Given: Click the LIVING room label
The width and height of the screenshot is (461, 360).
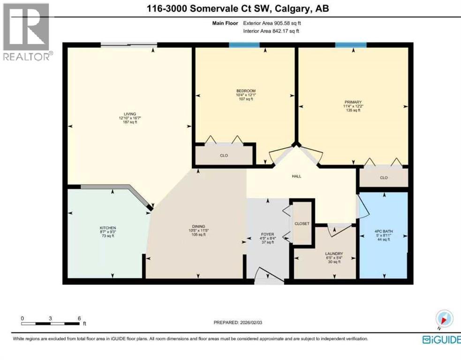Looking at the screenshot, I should click(128, 114).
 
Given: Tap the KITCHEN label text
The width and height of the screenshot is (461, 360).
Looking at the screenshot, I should click(107, 227).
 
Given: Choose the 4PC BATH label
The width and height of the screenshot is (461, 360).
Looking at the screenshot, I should click(383, 231).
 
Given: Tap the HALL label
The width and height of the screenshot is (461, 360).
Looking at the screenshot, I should click(296, 176).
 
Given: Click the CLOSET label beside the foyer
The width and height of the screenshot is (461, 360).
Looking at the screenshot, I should click(302, 224).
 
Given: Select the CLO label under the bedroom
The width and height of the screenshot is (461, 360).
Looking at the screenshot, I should click(224, 155).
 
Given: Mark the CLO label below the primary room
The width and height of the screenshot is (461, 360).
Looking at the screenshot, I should click(384, 178).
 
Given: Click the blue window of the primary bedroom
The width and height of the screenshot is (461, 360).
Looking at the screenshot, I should click(351, 45).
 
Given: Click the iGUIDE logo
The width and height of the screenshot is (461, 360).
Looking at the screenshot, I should click(441, 339).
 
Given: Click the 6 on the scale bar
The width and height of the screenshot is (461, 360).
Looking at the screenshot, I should click(79, 318).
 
